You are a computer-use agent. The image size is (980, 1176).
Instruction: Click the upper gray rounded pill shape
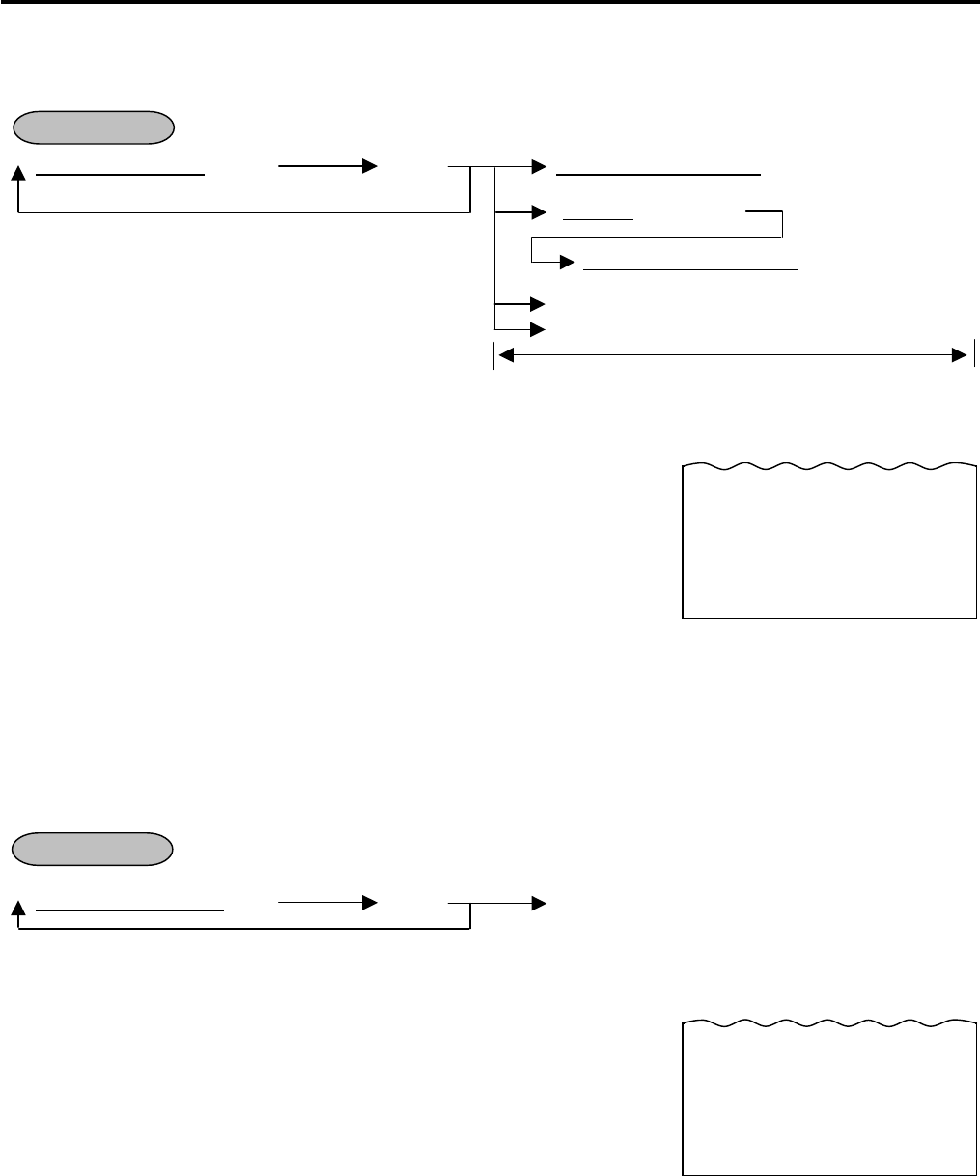(94, 126)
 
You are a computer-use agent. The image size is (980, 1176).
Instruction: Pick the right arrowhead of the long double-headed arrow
(958, 356)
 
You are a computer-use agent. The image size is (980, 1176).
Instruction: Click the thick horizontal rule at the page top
(490, 3)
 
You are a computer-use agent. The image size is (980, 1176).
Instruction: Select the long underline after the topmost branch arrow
(660, 175)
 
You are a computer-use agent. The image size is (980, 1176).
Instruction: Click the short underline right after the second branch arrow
(598, 219)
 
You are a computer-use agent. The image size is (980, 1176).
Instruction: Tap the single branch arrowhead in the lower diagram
(539, 904)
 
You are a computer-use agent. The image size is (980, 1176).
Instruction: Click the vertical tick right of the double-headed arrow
(975, 355)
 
